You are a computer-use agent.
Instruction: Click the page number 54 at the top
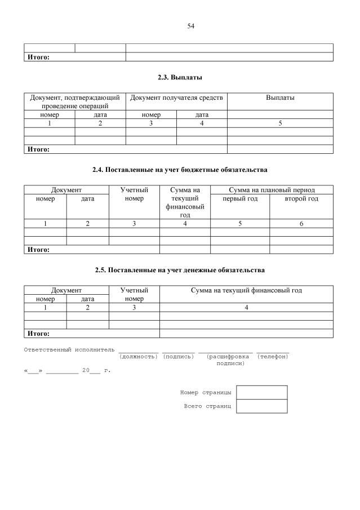pos(190,26)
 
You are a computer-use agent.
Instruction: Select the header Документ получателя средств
pos(176,98)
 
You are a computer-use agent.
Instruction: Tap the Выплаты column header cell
pos(280,98)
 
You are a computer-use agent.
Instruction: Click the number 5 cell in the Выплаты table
pos(280,123)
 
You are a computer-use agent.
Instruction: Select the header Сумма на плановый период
pos(272,190)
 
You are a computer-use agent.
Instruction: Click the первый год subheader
pos(240,199)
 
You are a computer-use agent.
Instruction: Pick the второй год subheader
pos(301,199)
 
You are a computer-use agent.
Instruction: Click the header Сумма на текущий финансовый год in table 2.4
pos(185,202)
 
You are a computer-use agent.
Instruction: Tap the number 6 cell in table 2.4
pos(301,224)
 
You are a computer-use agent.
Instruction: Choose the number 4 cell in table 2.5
pos(246,308)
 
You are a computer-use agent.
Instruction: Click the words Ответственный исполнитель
pos(69,350)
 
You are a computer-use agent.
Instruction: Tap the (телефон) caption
pos(273,357)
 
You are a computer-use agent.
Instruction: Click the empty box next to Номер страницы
pos(261,392)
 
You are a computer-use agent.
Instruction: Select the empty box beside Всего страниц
pos(261,406)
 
